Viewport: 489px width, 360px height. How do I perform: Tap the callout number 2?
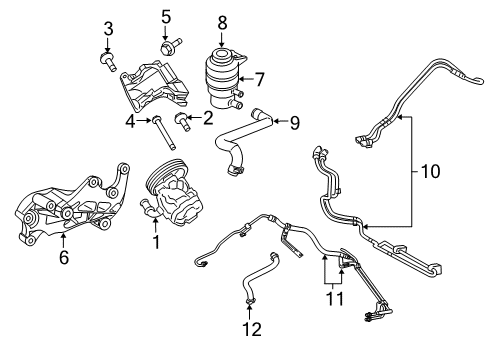(207, 119)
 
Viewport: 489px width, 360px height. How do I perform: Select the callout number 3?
(109, 27)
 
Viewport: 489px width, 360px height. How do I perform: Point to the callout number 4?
(129, 122)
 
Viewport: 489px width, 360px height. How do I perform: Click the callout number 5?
(166, 16)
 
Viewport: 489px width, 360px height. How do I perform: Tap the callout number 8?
(223, 20)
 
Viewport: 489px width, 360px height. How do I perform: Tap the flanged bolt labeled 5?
(166, 45)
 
